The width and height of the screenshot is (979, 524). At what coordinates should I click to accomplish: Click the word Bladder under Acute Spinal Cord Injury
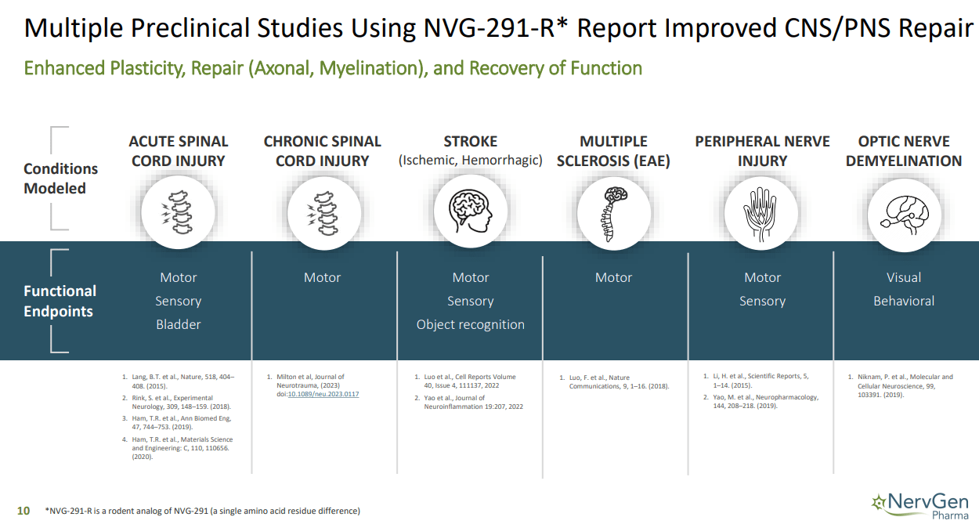click(x=179, y=324)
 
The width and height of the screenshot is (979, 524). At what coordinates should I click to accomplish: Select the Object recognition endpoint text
click(x=470, y=324)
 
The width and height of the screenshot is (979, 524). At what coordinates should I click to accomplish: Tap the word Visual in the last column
click(x=904, y=277)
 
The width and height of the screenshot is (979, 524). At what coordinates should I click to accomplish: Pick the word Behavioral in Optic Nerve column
click(x=904, y=301)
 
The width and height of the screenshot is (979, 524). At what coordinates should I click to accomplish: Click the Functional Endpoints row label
click(x=60, y=301)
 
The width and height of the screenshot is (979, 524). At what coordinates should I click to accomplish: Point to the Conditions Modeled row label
click(x=60, y=179)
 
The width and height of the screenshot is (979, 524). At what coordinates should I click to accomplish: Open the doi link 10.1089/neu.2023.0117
click(x=323, y=394)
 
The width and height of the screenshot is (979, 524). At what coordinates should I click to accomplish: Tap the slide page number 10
click(x=23, y=511)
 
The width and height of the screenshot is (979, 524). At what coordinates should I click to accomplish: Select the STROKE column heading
click(x=470, y=142)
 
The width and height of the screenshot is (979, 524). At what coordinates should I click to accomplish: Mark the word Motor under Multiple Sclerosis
click(x=613, y=277)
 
